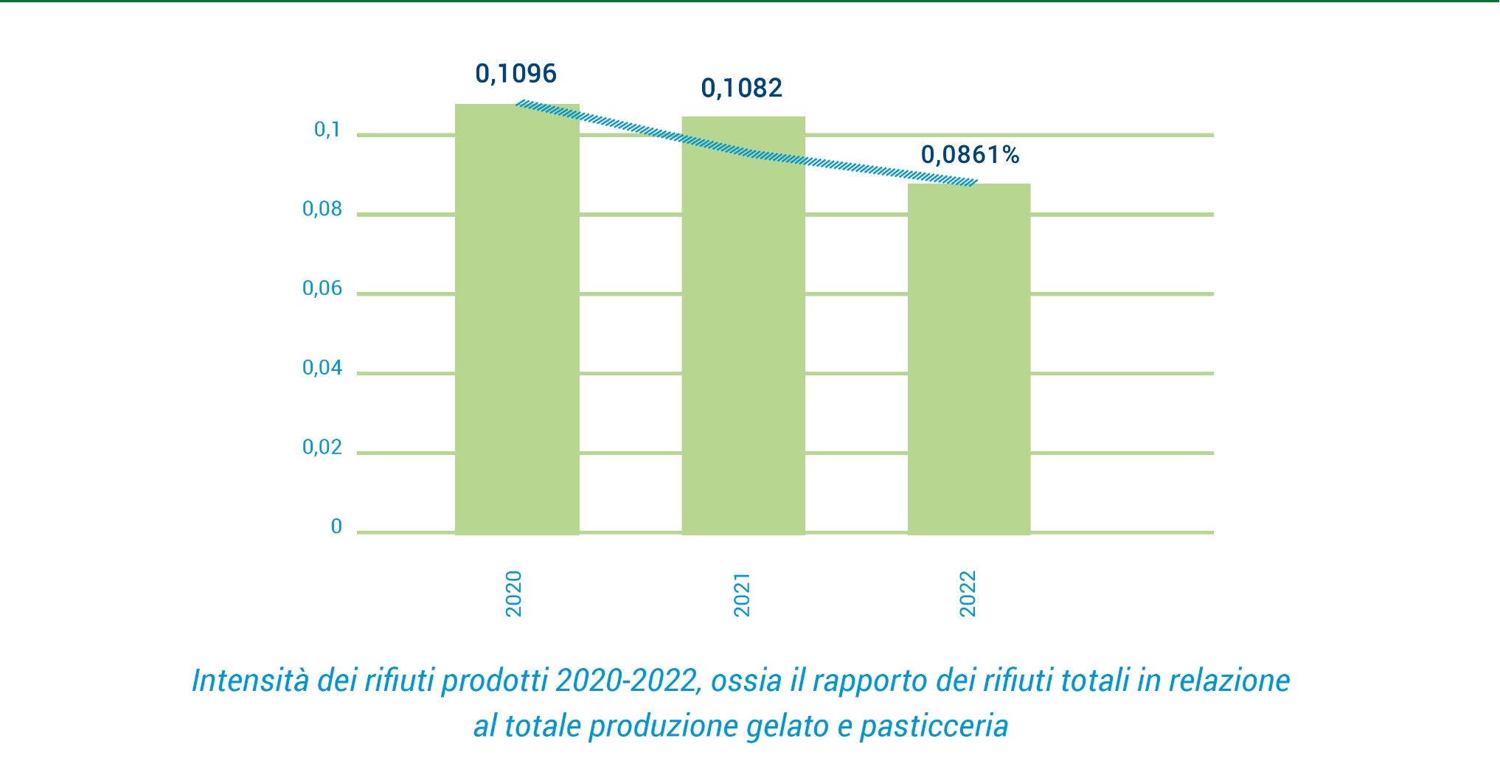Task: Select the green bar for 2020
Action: click(517, 319)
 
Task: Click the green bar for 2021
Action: click(743, 325)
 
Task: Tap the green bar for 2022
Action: click(968, 358)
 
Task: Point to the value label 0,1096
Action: click(515, 74)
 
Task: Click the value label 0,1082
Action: click(741, 88)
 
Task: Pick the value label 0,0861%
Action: click(970, 155)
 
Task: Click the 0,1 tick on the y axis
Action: click(327, 130)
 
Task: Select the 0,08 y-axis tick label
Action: click(322, 209)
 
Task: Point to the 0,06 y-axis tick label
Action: click(322, 288)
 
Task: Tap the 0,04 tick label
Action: click(322, 368)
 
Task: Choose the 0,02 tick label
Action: click(322, 448)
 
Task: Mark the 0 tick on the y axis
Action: click(336, 526)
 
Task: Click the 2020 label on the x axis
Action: click(514, 594)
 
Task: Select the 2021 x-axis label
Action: click(741, 594)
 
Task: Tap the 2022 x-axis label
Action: click(968, 594)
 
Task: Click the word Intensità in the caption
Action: click(251, 680)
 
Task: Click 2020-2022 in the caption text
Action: click(626, 680)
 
